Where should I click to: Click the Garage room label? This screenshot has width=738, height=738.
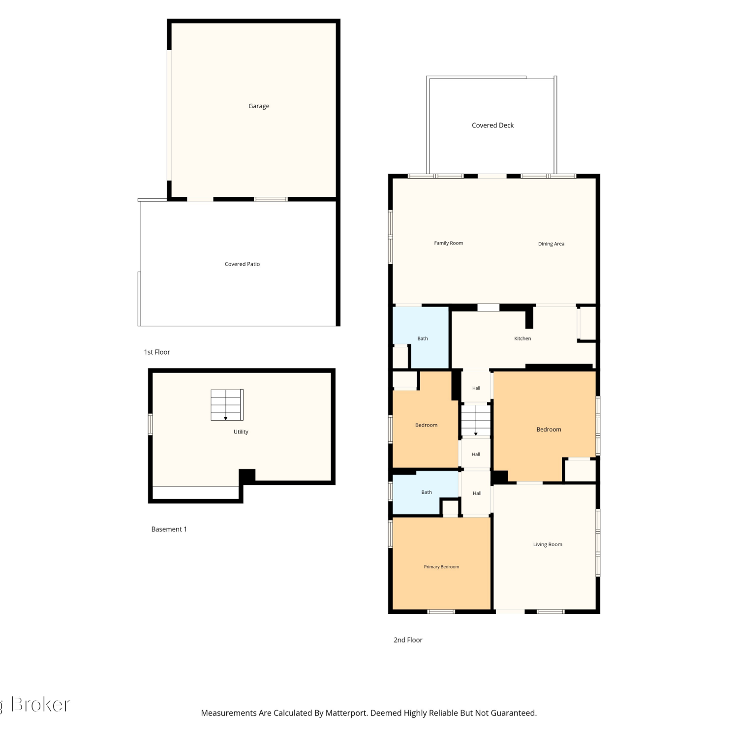pos(259,106)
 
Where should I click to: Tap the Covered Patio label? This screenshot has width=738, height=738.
pos(242,264)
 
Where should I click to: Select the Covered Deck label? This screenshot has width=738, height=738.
pos(492,125)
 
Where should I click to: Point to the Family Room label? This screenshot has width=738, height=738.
pos(448,243)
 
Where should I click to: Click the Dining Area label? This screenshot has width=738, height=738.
pos(551,244)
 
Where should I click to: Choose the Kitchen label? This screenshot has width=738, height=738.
pos(523,338)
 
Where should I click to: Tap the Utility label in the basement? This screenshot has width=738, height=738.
pos(241,432)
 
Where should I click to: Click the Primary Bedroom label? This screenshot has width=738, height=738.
pos(441,567)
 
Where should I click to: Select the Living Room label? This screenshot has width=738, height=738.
pos(548,545)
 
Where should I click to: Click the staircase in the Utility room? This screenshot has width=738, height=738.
pos(227,405)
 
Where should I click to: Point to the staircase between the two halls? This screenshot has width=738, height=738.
pos(476,420)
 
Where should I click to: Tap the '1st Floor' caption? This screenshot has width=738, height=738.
pos(157,352)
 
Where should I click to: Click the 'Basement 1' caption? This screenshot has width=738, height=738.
pos(169,529)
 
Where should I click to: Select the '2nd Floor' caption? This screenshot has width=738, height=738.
pos(408,640)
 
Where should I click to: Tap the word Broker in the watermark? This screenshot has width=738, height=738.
pos(40,705)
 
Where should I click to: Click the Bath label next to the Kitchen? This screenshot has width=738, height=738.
pos(423,338)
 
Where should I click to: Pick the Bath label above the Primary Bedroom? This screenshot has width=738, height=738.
pos(427,492)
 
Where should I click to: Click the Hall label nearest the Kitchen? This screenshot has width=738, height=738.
pos(476,388)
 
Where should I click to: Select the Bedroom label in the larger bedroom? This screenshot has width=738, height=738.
pos(549,430)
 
